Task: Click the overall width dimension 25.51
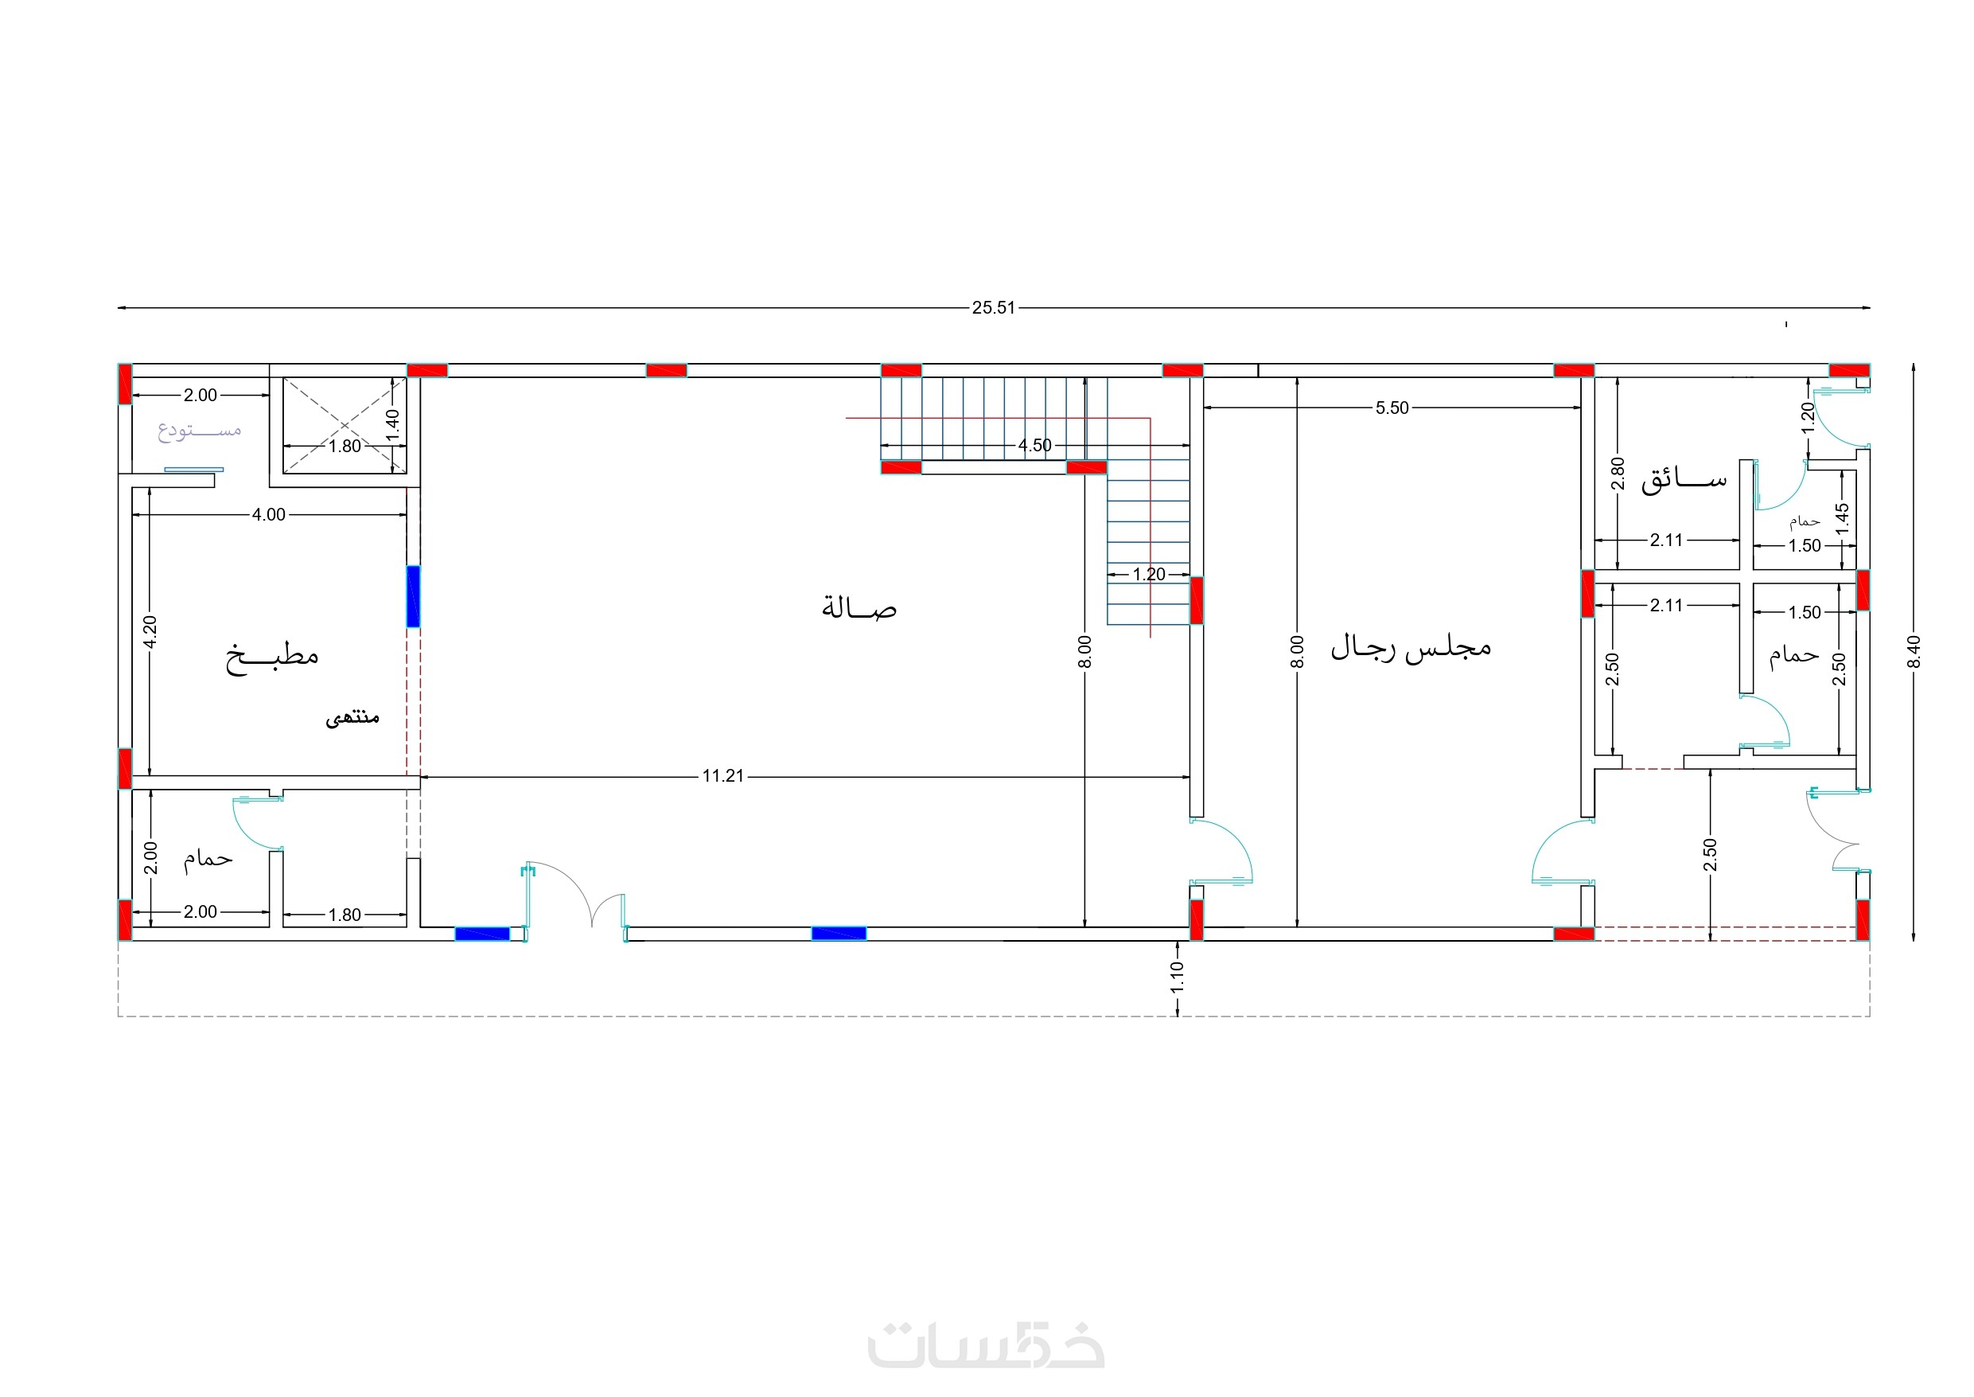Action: [x=993, y=308]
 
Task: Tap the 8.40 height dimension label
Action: [x=1913, y=651]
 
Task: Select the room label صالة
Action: [x=859, y=607]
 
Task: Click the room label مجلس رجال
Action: [x=1411, y=648]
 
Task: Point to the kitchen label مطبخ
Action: [x=271, y=658]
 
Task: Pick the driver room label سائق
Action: [x=1684, y=480]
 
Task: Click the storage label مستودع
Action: [x=200, y=430]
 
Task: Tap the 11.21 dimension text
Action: [x=723, y=776]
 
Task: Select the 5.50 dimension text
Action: [x=1392, y=408]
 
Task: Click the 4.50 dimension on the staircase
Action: [x=1035, y=446]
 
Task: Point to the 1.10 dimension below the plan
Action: [x=1177, y=977]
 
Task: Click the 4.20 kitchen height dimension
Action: [x=150, y=632]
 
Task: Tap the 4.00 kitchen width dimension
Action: [x=268, y=514]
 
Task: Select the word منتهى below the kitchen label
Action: [x=352, y=716]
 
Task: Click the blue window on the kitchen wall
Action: [x=414, y=596]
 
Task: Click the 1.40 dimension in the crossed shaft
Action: [x=392, y=425]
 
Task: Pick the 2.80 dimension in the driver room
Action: [x=1618, y=473]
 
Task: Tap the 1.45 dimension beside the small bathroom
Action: [x=1842, y=519]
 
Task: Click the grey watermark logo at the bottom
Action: [x=986, y=1344]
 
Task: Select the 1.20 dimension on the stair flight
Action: [x=1149, y=574]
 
